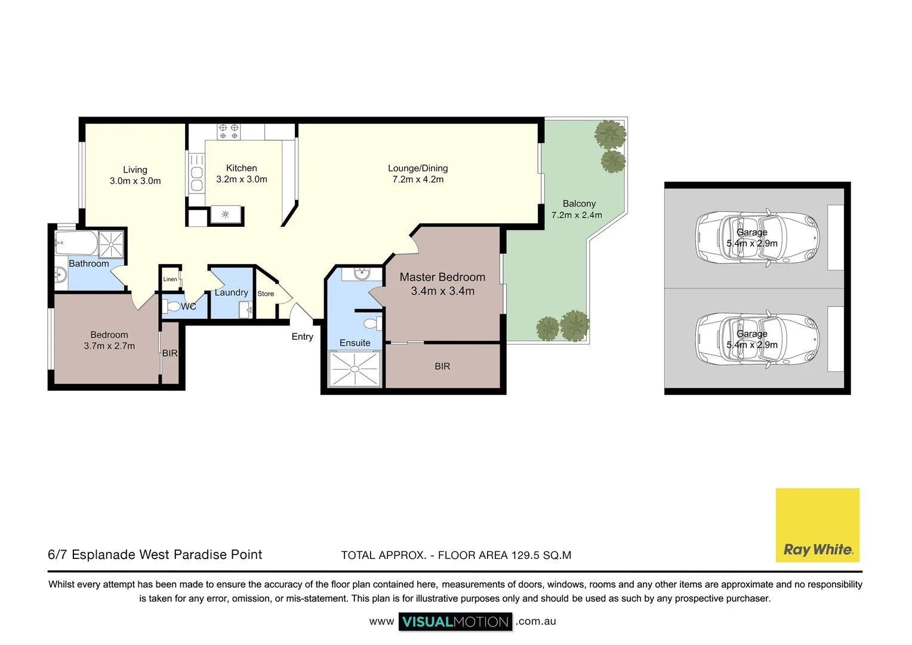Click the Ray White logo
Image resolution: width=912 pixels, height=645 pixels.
pos(817,525)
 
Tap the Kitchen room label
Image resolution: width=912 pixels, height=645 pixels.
pos(242,168)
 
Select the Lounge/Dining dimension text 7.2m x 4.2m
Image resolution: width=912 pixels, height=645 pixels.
pos(418,179)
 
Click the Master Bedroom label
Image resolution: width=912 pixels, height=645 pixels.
pos(442,277)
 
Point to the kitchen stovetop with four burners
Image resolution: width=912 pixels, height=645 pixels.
pos(229,131)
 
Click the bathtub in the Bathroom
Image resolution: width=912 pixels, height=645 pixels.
pos(76,242)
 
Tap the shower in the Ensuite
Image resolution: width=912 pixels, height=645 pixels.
pos(355,369)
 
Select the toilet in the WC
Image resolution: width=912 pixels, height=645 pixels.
pos(172,306)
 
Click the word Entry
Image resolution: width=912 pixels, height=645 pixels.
pos(302,337)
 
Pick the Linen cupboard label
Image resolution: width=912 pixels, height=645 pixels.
pos(170,279)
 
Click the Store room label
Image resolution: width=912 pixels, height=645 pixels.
pos(266,294)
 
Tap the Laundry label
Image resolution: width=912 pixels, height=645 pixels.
pos(231,293)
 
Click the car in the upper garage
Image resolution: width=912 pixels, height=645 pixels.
pos(757,238)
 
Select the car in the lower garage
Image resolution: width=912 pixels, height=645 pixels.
pos(757,339)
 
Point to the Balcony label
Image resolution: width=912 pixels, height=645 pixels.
pos(579,204)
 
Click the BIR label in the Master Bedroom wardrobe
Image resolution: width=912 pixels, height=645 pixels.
pos(442,366)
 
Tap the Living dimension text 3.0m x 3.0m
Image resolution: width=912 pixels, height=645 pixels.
pos(135,181)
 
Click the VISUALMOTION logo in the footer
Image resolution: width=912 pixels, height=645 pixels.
pos(455,622)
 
